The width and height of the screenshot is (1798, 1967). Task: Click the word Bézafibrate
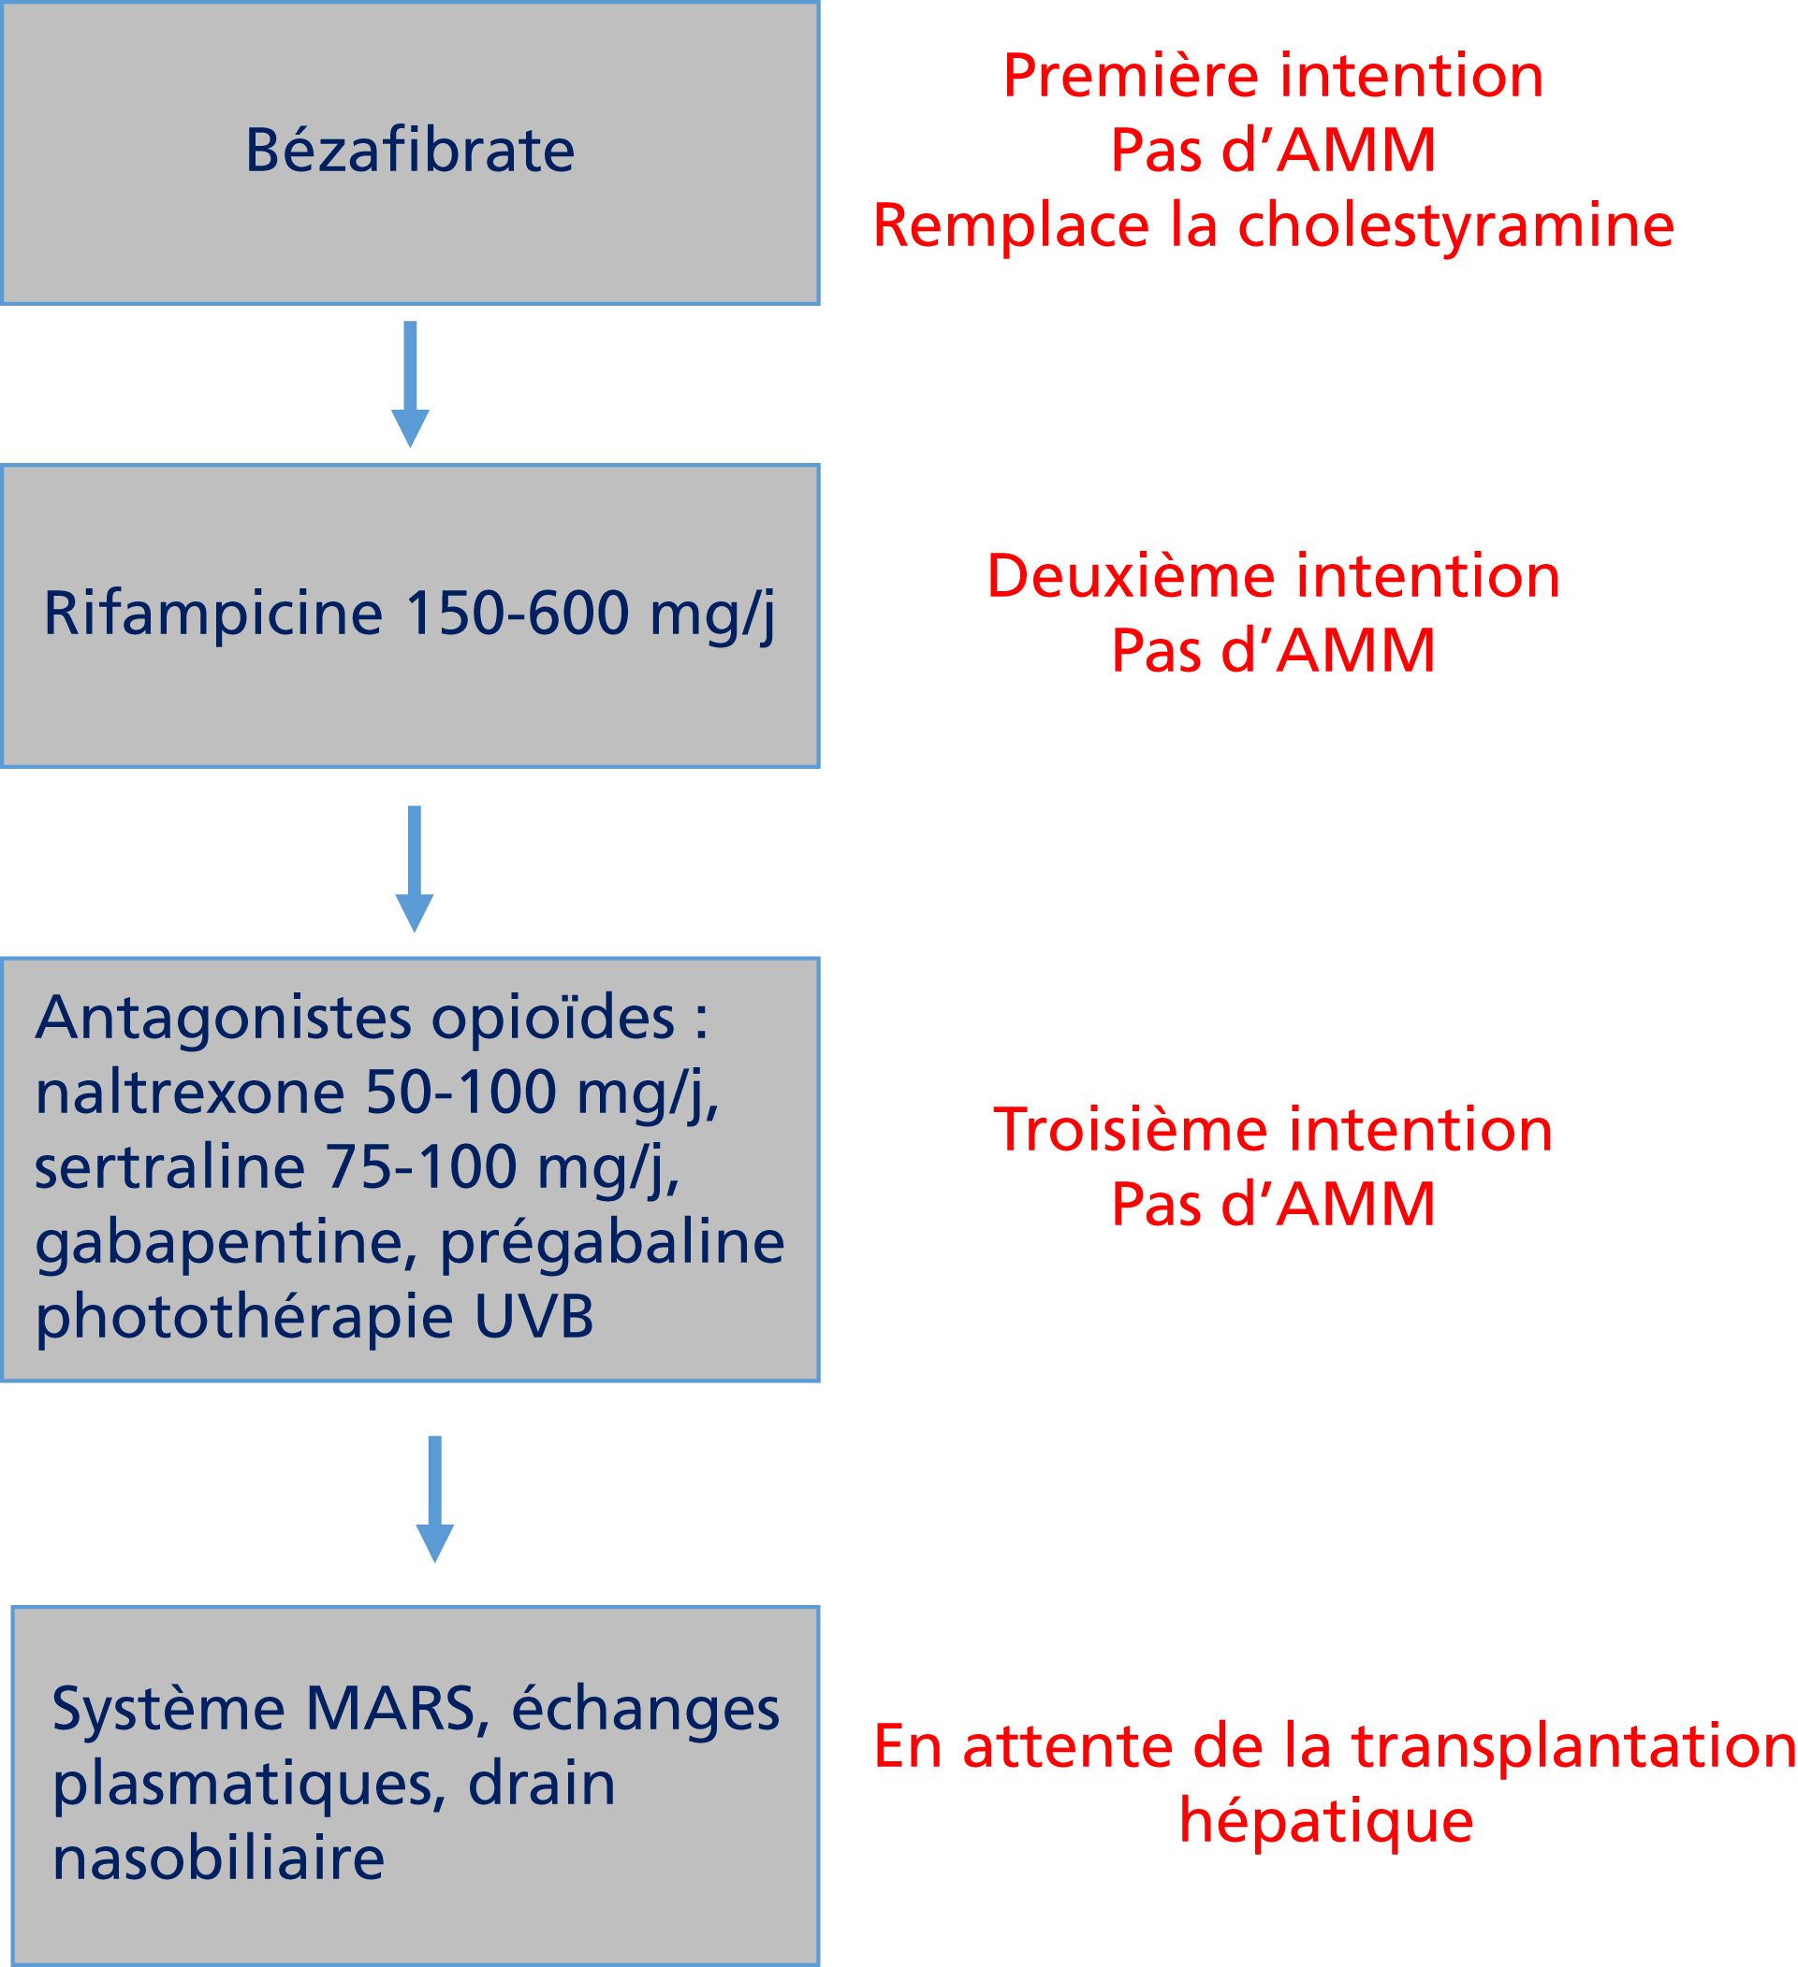click(x=410, y=151)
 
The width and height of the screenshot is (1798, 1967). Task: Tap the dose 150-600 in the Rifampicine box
click(x=518, y=614)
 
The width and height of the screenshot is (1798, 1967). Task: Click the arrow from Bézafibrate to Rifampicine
click(x=410, y=384)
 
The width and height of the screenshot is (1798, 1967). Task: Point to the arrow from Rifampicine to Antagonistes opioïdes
click(x=414, y=869)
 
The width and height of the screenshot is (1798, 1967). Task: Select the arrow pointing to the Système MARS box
click(x=434, y=1499)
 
